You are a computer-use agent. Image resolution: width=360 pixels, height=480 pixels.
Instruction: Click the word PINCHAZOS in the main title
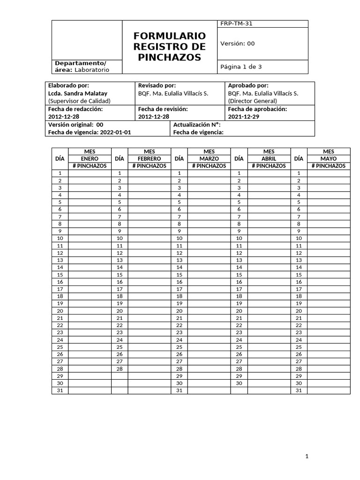169,58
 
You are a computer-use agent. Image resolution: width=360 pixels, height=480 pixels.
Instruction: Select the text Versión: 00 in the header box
237,44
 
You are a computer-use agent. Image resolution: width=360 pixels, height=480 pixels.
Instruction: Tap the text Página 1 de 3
241,67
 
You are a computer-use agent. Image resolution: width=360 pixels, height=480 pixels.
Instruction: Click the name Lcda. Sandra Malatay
77,93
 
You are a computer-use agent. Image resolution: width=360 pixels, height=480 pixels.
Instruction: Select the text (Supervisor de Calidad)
79,101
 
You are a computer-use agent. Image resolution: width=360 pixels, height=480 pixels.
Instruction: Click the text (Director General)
252,101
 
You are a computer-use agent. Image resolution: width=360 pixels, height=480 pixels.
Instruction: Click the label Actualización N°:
196,125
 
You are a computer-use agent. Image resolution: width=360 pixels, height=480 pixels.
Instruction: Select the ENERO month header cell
90,159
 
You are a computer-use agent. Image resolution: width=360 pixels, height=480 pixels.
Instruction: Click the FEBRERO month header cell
149,159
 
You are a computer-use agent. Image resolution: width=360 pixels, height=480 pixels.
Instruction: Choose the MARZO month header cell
209,159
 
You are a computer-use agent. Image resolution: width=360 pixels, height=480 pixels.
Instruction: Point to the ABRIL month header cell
269,159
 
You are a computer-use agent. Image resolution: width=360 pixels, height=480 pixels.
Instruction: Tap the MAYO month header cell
328,159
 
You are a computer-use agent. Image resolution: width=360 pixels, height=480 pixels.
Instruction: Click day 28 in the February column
120,369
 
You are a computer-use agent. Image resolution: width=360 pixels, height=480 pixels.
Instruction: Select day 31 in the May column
299,390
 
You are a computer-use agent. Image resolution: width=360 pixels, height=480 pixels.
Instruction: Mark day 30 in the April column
239,383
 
